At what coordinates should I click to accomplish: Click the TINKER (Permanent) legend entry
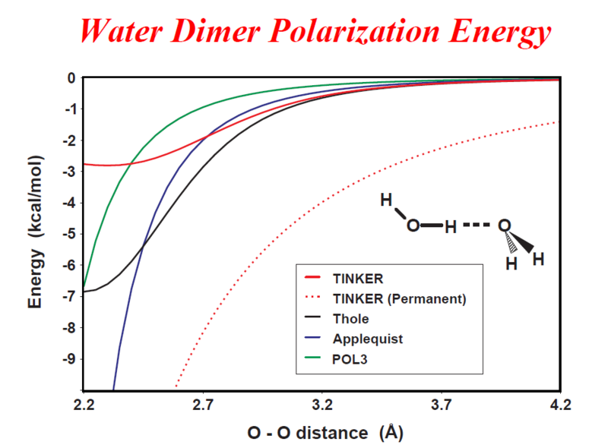400,299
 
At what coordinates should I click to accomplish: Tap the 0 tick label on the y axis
71,77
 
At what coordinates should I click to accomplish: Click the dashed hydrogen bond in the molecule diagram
477,226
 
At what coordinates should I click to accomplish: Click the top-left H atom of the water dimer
386,200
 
